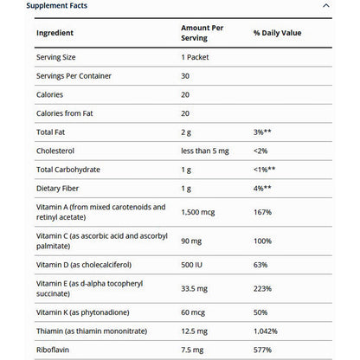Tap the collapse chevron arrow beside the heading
point(325,6)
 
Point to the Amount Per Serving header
point(202,33)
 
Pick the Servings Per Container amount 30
point(186,78)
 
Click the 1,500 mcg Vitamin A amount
point(200,211)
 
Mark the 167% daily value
point(263,211)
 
